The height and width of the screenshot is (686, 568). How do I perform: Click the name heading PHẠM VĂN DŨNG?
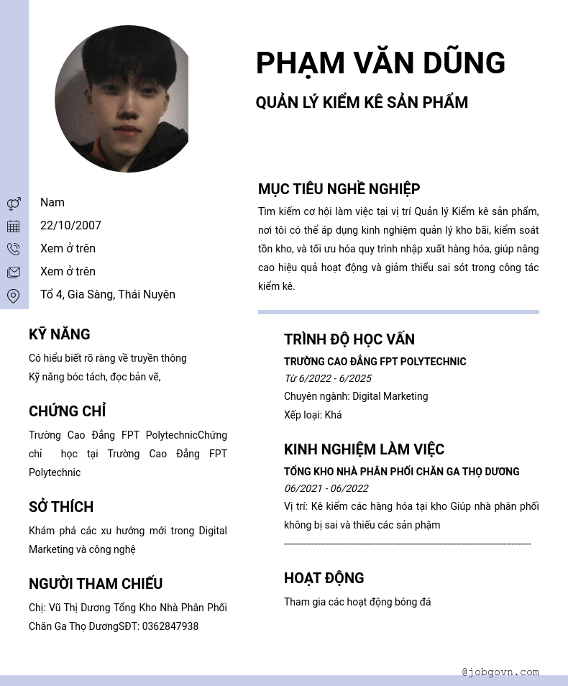pos(380,63)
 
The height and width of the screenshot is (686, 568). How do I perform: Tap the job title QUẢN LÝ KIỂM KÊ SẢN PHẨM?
pos(362,103)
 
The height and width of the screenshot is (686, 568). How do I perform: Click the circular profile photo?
pos(122,99)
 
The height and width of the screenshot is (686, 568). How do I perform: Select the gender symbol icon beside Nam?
pos(14,203)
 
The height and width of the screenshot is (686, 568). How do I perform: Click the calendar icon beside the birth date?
pos(14,227)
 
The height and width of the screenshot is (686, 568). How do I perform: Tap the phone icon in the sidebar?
pos(14,250)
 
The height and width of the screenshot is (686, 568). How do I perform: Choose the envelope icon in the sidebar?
pos(14,273)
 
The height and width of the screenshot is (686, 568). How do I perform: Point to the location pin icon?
pos(14,296)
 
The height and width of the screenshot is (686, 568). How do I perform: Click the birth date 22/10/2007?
pos(70,226)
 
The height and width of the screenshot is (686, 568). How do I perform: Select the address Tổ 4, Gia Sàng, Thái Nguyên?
pos(108,295)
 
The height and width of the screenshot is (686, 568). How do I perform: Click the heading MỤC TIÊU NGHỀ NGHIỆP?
pos(339,189)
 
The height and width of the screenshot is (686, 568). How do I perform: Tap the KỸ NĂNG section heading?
pos(60,334)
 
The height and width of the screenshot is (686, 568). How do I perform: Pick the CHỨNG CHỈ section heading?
pos(67,411)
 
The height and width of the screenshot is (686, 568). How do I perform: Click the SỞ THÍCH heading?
pos(61,507)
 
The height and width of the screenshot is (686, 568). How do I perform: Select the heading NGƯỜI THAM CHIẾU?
pos(96,584)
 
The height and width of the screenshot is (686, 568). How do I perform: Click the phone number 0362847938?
pos(170,626)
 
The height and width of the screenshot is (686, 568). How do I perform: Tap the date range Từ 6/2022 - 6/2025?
pos(328,378)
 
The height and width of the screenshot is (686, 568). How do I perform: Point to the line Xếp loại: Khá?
pos(313,415)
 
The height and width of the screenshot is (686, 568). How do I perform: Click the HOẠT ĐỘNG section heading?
pos(324,578)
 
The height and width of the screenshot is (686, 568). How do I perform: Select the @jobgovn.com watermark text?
pos(500,672)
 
